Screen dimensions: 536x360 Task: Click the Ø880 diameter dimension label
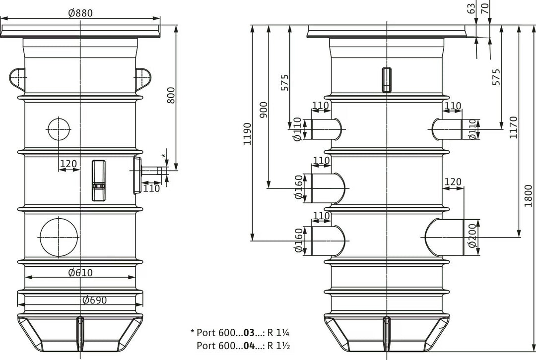80,13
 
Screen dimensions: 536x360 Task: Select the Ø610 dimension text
80,273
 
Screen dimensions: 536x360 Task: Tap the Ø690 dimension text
95,300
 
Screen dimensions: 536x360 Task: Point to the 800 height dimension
171,95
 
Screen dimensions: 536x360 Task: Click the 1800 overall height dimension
529,196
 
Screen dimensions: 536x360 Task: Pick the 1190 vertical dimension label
247,134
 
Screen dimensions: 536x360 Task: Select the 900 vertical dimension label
264,110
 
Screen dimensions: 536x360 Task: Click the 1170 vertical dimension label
514,127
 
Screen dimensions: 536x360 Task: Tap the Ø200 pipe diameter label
472,236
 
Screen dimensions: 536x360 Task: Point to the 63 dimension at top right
471,8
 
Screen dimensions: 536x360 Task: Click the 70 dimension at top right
485,7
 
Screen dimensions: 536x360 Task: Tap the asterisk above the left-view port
163,156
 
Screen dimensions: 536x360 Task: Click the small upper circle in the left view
59,129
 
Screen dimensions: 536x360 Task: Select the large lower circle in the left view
59,237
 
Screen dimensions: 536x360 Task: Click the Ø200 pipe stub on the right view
444,237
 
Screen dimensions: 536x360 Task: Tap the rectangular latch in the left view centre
98,180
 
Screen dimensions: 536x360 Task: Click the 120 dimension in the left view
68,164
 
